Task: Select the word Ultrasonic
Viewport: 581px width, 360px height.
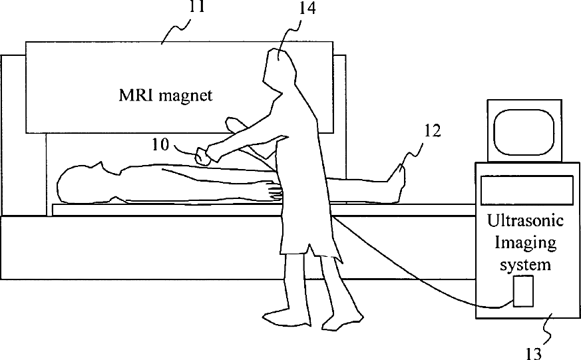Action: [526, 220]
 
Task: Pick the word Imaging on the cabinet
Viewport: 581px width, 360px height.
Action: [526, 242]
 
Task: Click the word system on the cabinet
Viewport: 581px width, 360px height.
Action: [526, 264]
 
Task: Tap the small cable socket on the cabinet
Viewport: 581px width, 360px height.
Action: [524, 291]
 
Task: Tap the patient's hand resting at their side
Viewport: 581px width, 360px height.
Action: [275, 192]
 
